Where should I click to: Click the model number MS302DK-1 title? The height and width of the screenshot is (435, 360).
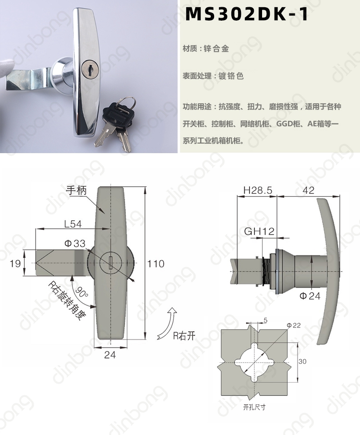pyautogui.click(x=247, y=14)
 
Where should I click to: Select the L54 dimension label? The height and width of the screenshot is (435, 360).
pyautogui.click(x=73, y=224)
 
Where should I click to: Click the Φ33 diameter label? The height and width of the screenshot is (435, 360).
pyautogui.click(x=75, y=243)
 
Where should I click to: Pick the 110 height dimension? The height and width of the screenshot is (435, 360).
pyautogui.click(x=156, y=264)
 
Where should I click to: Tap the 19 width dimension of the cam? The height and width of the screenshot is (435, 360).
pyautogui.click(x=15, y=263)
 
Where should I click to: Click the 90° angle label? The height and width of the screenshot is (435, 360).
pyautogui.click(x=81, y=292)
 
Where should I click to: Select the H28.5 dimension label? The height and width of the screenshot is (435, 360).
pyautogui.click(x=258, y=190)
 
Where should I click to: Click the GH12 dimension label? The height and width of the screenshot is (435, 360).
pyautogui.click(x=259, y=231)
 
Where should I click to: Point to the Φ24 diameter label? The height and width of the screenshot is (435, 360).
pyautogui.click(x=310, y=296)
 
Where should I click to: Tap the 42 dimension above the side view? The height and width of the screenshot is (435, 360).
pyautogui.click(x=309, y=190)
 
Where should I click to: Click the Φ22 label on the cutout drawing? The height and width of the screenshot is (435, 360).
pyautogui.click(x=294, y=325)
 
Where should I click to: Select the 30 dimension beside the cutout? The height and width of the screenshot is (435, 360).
pyautogui.click(x=302, y=361)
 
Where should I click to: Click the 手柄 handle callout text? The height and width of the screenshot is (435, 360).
pyautogui.click(x=76, y=190)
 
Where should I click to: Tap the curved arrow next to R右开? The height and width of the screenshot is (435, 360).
pyautogui.click(x=167, y=324)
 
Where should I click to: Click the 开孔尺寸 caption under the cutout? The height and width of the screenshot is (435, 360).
pyautogui.click(x=254, y=407)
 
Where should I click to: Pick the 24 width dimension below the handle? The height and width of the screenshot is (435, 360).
pyautogui.click(x=110, y=354)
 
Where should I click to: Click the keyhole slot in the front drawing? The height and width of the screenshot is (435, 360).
pyautogui.click(x=111, y=263)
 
